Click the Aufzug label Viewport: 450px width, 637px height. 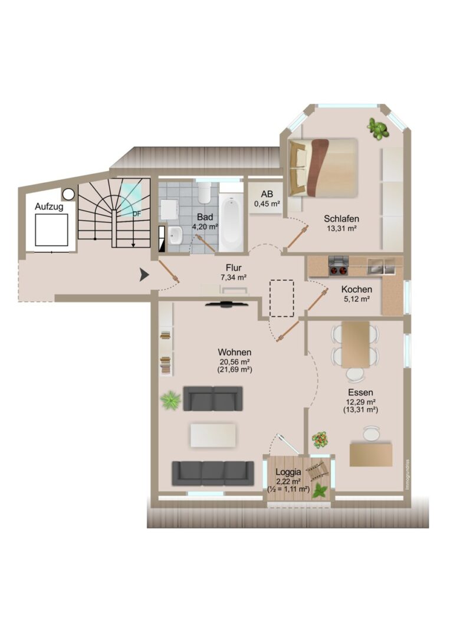[x=49, y=206]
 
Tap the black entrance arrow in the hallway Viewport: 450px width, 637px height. [x=144, y=275]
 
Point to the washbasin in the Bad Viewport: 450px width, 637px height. [x=175, y=235]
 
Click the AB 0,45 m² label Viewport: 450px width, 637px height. [x=267, y=199]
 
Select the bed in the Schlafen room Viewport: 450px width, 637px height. [x=323, y=167]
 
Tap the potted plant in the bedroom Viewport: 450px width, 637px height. [x=377, y=129]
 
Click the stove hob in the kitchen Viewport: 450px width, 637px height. [x=339, y=266]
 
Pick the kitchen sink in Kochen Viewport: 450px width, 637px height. [x=381, y=265]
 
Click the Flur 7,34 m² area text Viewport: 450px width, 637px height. [x=234, y=272]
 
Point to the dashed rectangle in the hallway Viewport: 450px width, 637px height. [x=282, y=298]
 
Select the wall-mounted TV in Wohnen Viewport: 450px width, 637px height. [x=226, y=304]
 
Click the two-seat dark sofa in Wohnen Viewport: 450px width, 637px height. [x=213, y=399]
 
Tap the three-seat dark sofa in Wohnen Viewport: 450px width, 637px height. [x=213, y=473]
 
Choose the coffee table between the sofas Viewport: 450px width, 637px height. [x=213, y=435]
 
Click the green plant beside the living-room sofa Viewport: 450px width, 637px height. [x=170, y=400]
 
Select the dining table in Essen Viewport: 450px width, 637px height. [x=356, y=344]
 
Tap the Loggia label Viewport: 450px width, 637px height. [x=288, y=472]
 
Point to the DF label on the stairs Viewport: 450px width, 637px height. [x=137, y=214]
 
